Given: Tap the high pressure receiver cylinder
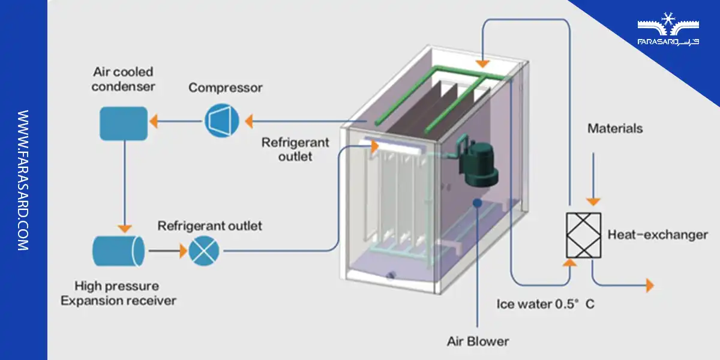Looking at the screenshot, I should point(118,250).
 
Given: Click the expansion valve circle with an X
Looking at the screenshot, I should point(204,250).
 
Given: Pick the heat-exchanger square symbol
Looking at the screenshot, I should point(584,236).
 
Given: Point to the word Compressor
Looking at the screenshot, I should point(225,88).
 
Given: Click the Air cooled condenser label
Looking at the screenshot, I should point(124,79).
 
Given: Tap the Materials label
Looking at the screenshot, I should point(614,128).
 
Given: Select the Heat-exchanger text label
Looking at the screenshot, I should point(658,235).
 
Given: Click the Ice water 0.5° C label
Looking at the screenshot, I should point(545,304).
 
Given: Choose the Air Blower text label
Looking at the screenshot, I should point(478,341).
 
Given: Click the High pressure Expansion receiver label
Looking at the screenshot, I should point(118,293).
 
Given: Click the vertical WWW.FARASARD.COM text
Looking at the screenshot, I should point(23,180).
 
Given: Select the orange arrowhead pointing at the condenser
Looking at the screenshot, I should point(154,121).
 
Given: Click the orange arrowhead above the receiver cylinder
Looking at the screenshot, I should point(124,228).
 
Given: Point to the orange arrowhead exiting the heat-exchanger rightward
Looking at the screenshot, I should point(649,286).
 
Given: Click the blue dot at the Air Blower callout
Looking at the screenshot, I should point(477,203).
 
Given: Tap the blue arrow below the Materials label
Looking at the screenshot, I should point(593,180).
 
